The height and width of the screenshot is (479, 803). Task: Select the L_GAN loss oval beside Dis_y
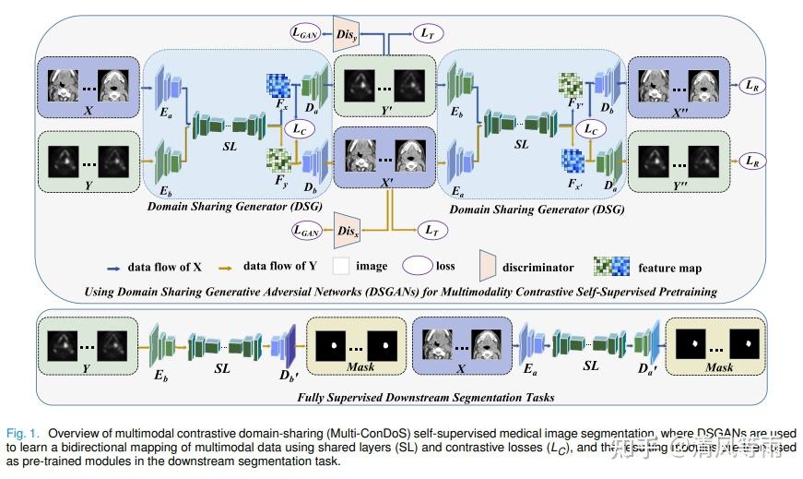[x=306, y=32]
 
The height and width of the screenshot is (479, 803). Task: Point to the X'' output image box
[x=679, y=88]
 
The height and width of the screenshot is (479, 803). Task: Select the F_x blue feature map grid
[x=278, y=86]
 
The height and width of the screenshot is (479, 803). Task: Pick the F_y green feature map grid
[x=278, y=161]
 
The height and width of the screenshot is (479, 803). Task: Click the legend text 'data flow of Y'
[x=282, y=267]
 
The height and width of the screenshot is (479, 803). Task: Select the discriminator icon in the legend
[x=489, y=267]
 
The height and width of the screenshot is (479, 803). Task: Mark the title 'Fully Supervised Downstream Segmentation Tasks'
[x=401, y=397]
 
